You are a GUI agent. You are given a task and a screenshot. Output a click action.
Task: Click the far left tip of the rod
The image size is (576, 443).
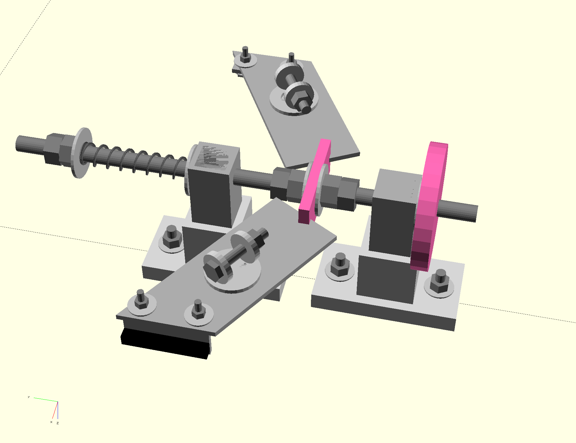pyautogui.click(x=18, y=143)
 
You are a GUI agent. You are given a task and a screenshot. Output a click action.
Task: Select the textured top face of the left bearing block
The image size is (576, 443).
pyautogui.click(x=214, y=156)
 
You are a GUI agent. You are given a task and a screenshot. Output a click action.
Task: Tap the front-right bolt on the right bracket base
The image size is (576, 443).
pyautogui.click(x=440, y=281)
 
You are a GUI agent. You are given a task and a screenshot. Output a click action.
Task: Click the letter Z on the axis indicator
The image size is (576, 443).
pyautogui.click(x=58, y=423)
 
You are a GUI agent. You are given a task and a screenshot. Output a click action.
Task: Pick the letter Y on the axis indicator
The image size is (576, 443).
pyautogui.click(x=29, y=397)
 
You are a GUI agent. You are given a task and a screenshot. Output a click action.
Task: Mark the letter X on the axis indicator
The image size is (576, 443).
pyautogui.click(x=51, y=422)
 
